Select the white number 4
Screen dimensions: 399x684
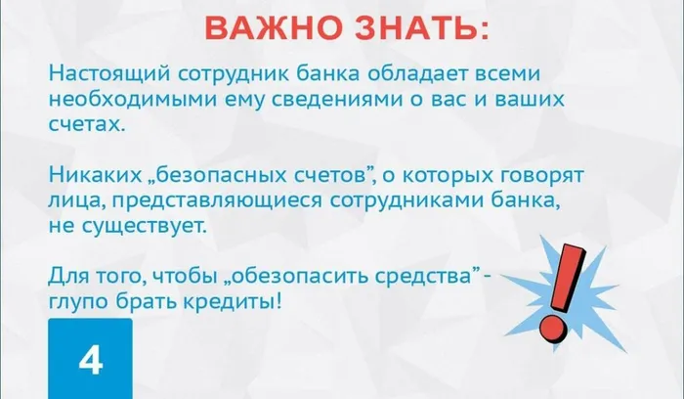coord(90,362)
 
